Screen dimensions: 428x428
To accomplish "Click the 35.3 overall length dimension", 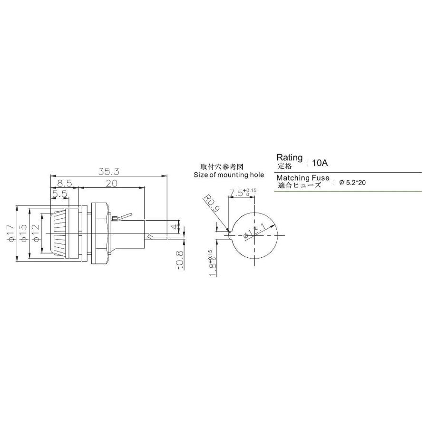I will (109, 170).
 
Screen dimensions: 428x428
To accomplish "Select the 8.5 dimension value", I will (65, 183).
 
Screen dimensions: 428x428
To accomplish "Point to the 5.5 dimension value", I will (59, 195).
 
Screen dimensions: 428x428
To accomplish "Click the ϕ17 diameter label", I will (11, 233).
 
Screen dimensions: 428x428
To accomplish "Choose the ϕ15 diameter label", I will (23, 233).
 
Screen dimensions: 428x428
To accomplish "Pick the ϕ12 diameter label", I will (36, 233).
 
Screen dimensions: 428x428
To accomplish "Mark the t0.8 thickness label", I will (179, 259).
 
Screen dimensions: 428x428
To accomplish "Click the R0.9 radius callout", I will (211, 204).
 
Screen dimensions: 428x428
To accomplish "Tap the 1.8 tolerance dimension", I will (212, 263).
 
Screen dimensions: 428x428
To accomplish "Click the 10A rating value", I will (320, 163).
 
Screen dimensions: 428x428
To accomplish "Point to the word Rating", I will (289, 157).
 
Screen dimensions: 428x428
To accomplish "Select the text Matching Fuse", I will (303, 178).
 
